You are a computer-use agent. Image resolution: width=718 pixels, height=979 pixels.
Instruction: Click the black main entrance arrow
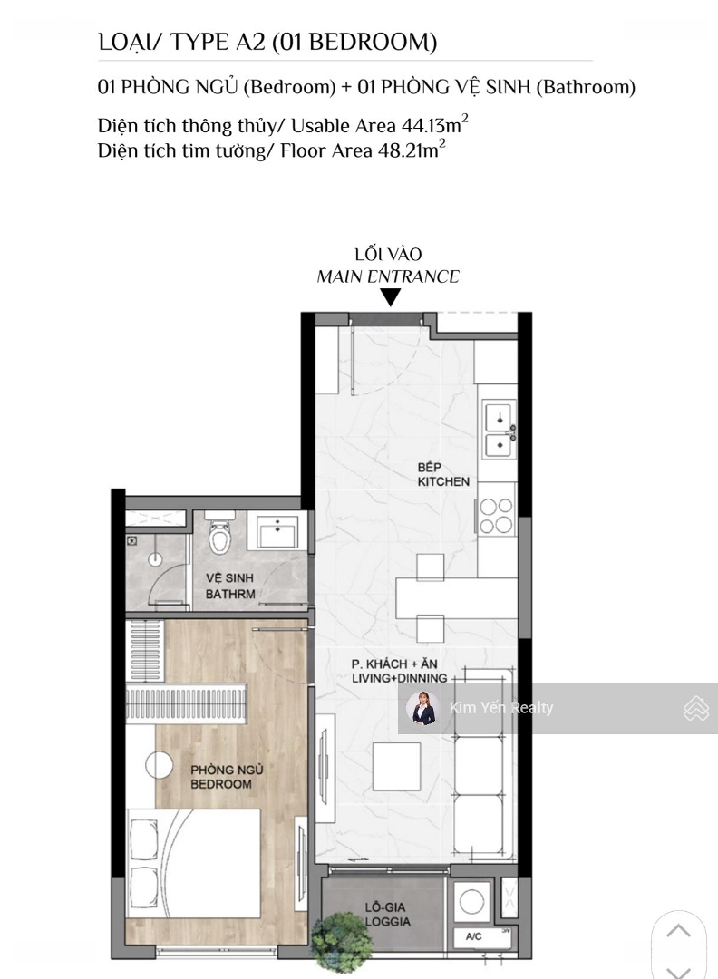tap(391, 298)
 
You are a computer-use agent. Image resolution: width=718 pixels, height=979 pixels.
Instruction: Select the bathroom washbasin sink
tap(277, 531)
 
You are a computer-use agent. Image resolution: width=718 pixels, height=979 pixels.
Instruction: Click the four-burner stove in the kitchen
tap(496, 516)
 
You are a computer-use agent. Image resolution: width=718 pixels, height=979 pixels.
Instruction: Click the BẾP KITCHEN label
tap(443, 474)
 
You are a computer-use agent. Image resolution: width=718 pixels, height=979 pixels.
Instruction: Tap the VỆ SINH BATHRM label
tap(230, 586)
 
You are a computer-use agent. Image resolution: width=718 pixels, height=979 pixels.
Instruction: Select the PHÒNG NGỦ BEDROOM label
tap(227, 777)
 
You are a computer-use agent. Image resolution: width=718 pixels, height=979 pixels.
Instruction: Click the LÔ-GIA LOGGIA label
tap(387, 914)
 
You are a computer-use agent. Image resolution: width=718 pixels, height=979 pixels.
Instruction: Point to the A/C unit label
tap(474, 935)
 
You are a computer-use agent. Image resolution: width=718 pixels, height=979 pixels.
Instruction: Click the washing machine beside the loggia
tap(471, 902)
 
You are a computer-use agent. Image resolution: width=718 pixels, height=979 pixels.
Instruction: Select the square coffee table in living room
tap(396, 766)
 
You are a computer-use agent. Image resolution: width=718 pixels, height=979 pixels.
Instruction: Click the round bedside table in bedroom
tap(160, 765)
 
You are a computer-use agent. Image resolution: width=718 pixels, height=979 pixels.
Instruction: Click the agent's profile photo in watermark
tap(422, 708)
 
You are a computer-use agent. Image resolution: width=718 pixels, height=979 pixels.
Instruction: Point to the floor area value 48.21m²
tap(412, 150)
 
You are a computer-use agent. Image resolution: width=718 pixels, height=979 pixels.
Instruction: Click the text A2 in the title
tap(250, 42)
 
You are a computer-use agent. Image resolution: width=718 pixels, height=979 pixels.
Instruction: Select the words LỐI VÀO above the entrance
tap(388, 254)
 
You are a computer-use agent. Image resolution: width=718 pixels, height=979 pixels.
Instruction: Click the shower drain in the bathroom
tap(155, 559)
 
